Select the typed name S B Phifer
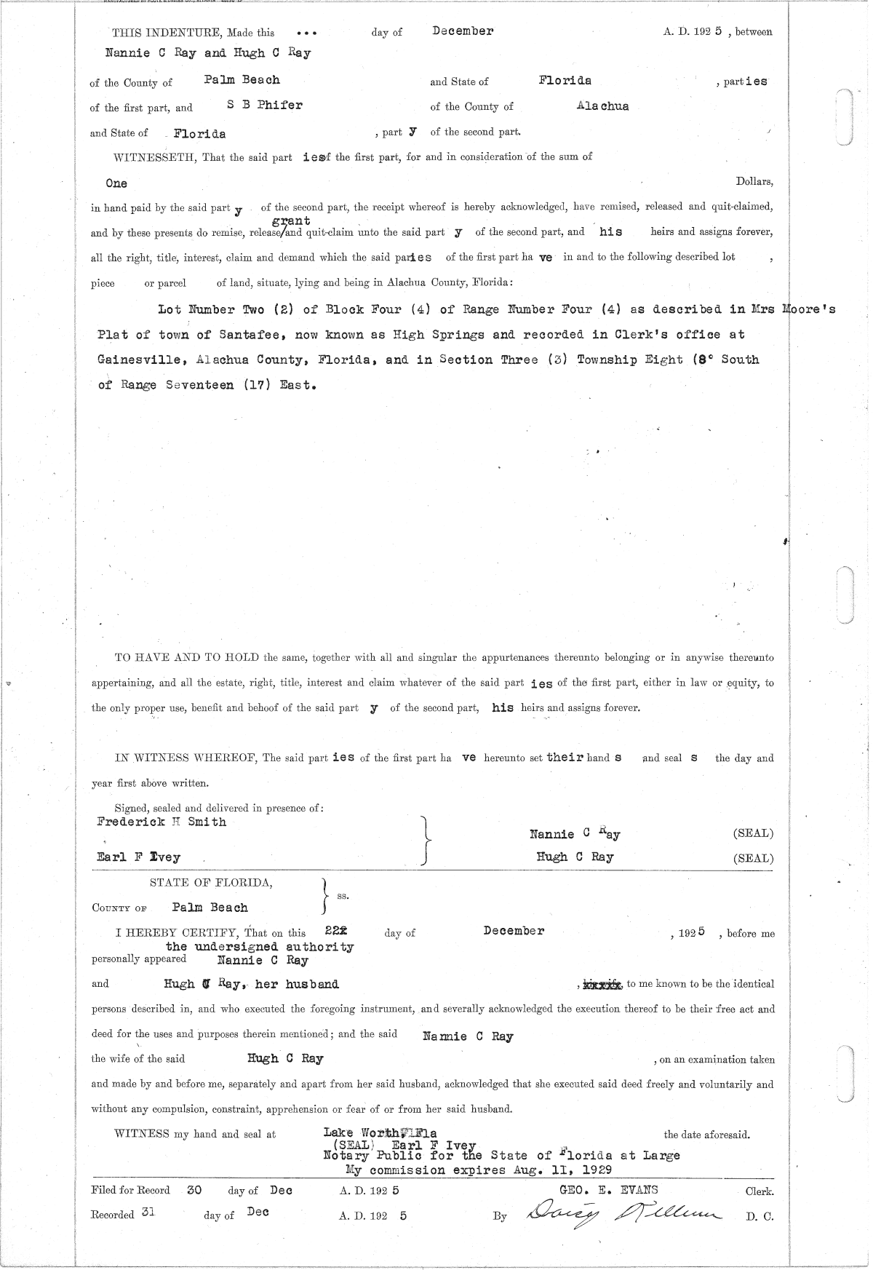pyautogui.click(x=264, y=105)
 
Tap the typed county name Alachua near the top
pyautogui.click(x=602, y=106)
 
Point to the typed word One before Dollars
pyautogui.click(x=116, y=183)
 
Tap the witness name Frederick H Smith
pyautogui.click(x=162, y=822)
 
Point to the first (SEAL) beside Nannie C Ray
pyautogui.click(x=753, y=833)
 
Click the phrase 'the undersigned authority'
pyautogui.click(x=260, y=947)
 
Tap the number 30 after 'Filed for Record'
pyautogui.click(x=194, y=1190)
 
